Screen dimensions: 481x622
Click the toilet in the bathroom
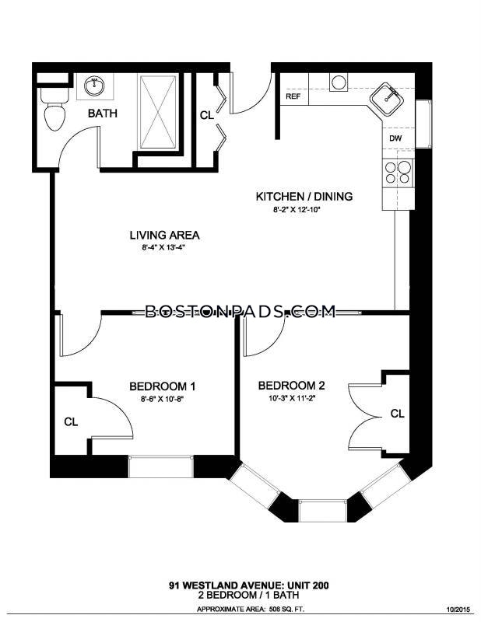click(54, 109)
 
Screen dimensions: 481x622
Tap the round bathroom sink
click(94, 86)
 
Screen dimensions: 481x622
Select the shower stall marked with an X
click(158, 112)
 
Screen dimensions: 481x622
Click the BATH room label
click(103, 114)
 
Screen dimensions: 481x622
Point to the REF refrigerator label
click(293, 96)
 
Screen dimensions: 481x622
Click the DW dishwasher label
click(395, 138)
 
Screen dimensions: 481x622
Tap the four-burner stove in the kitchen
click(398, 172)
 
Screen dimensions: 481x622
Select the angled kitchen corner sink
click(388, 100)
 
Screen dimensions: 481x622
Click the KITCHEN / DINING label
click(304, 197)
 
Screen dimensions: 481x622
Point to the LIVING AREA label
click(164, 236)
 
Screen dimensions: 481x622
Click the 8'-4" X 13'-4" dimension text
click(164, 248)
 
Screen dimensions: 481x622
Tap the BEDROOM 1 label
click(162, 386)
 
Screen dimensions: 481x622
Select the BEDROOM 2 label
click(292, 386)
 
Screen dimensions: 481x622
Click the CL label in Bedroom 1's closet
click(71, 422)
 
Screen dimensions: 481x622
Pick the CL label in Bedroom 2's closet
click(397, 414)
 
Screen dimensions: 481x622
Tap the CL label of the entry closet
click(207, 115)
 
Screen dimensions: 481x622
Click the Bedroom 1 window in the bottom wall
click(161, 466)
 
